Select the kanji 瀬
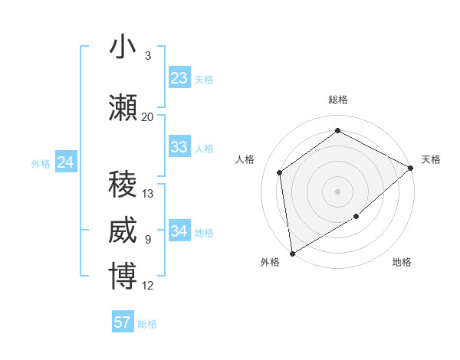click(123, 109)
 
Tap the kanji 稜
click(123, 185)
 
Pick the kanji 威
click(123, 231)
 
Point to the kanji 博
click(123, 277)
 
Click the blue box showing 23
click(179, 78)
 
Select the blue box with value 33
click(179, 147)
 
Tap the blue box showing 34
click(179, 231)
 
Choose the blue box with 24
click(66, 162)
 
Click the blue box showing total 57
click(123, 322)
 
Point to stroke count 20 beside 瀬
click(148, 116)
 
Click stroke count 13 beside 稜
click(148, 193)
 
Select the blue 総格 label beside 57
click(148, 324)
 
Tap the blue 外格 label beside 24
click(41, 163)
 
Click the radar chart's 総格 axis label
click(338, 100)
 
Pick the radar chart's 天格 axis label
click(431, 159)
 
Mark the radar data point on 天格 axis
click(411, 168)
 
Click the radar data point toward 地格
click(356, 218)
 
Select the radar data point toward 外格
click(292, 253)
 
